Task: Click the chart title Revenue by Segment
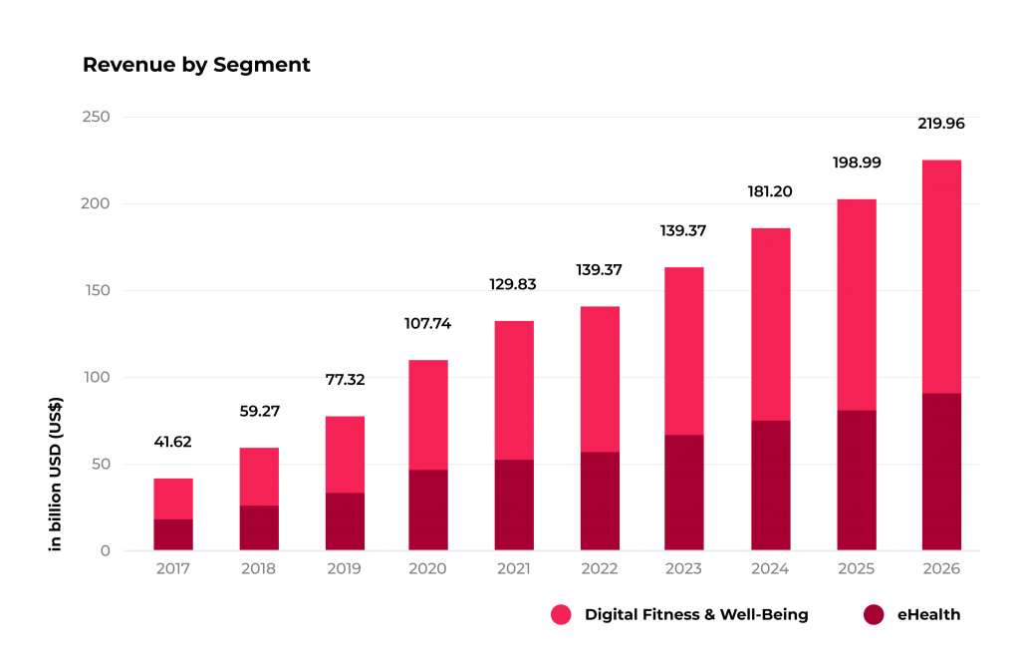coord(196,65)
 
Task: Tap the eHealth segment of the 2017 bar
coord(173,534)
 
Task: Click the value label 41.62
coord(173,443)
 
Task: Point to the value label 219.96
coord(941,124)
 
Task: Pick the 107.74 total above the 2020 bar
coord(428,323)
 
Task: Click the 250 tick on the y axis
coord(96,117)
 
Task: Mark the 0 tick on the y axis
coord(105,550)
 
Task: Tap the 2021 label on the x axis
coord(514,568)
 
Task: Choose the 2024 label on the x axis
coord(770,568)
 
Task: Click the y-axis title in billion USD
coord(57,473)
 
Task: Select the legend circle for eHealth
coord(874,615)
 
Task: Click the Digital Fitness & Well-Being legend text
coord(696,615)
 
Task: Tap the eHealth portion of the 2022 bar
coord(600,501)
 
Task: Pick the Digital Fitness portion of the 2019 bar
coord(344,455)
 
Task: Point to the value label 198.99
coord(857,162)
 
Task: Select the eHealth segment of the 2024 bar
coord(770,485)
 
